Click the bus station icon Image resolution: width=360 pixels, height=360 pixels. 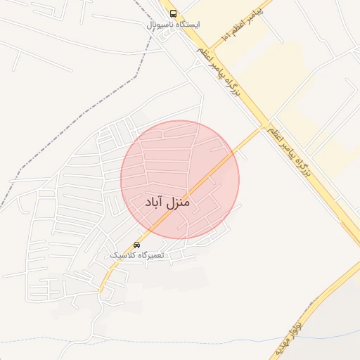click(173, 14)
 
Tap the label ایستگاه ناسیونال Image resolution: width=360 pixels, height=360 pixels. click(173, 25)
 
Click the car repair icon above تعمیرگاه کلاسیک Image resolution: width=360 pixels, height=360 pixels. click(136, 245)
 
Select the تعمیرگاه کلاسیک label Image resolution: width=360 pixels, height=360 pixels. click(136, 255)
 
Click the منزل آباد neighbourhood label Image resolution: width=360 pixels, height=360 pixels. click(167, 202)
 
